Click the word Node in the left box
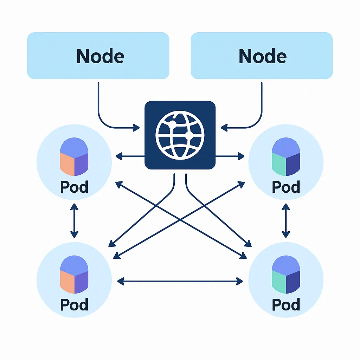tap(100, 56)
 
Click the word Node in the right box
tap(262, 56)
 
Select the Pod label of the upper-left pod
tap(74, 187)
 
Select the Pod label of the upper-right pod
tap(286, 187)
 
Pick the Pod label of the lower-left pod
tap(74, 304)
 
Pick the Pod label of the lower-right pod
tap(286, 304)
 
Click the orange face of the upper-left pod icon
tap(67, 165)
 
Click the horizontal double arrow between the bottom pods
tap(180, 281)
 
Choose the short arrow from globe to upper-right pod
tap(230, 156)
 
